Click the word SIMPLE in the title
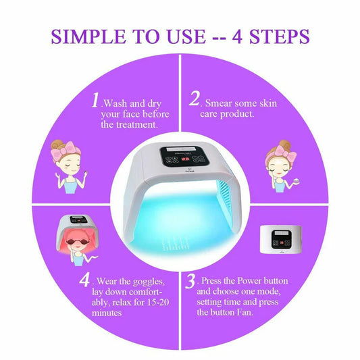coord(88,36)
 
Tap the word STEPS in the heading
coord(280,36)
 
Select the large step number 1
coord(95,100)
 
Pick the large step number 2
coord(195,99)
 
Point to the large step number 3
coord(190,281)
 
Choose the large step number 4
coord(84,280)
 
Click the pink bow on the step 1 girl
coord(66,149)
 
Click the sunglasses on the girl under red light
coord(77,242)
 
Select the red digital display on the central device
coord(186,159)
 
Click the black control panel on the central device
coord(184,156)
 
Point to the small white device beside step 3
coord(281,240)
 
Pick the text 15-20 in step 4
coord(158,302)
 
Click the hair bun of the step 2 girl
coord(285,145)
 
